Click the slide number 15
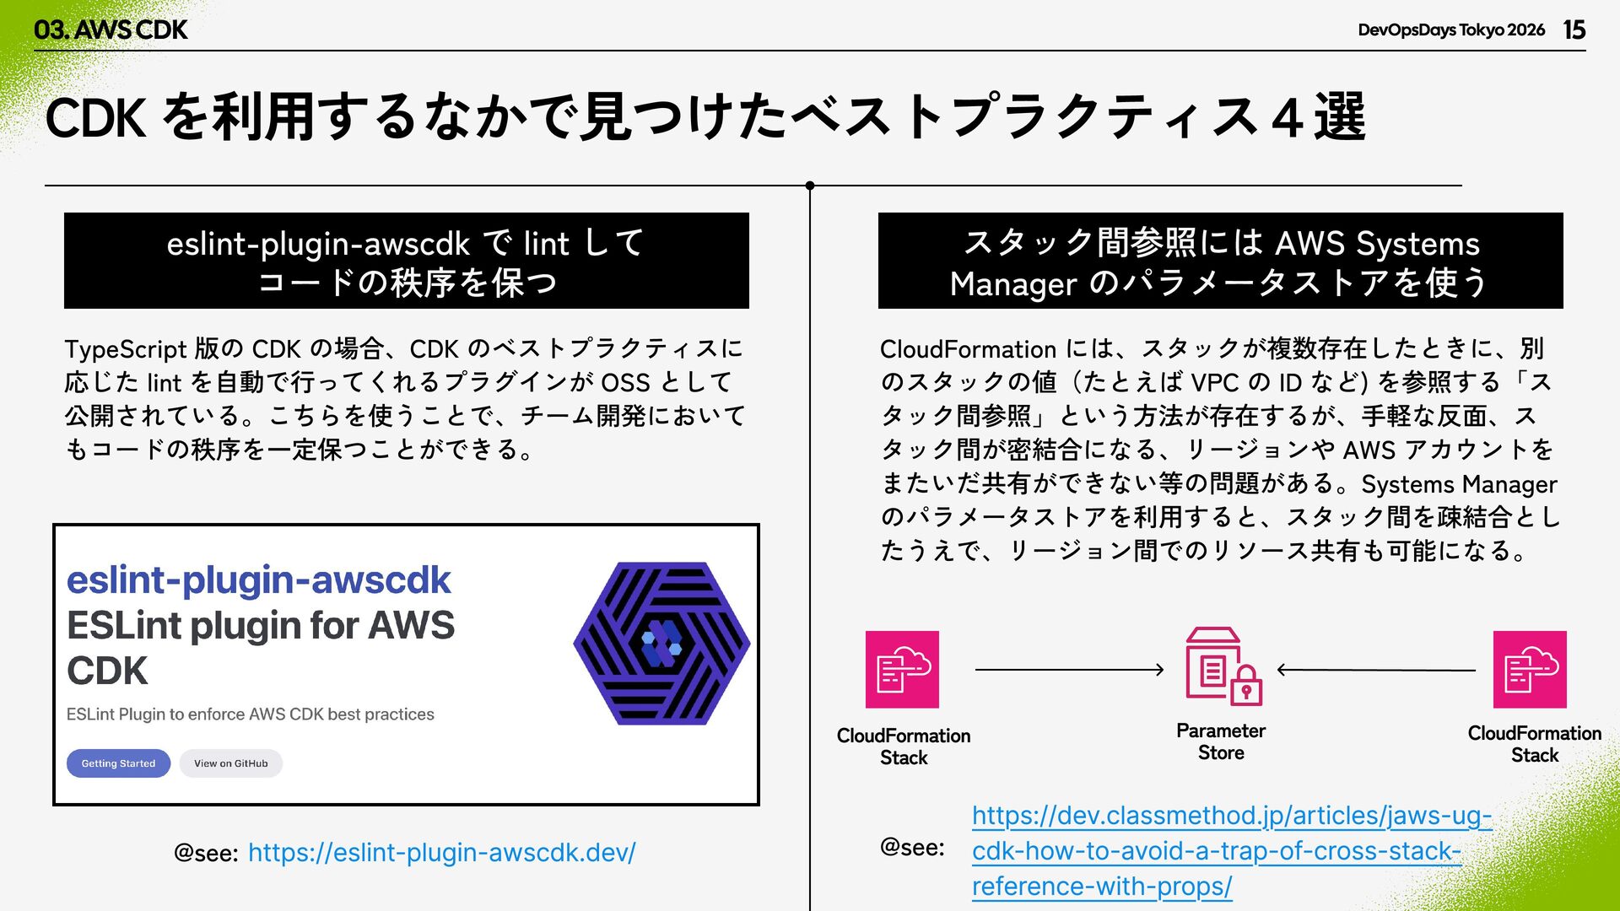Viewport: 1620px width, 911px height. (x=1574, y=30)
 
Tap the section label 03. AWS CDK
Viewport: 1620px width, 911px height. (x=111, y=30)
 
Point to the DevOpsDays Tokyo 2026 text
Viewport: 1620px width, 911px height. (x=1450, y=30)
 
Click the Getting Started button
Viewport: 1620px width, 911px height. (x=118, y=763)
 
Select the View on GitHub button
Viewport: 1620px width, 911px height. (x=230, y=763)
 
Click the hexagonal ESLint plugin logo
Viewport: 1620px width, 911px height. (x=661, y=644)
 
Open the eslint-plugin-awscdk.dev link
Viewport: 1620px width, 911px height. (x=441, y=853)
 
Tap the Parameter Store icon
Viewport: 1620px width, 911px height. (x=1223, y=667)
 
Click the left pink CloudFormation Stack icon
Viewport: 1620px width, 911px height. (x=902, y=669)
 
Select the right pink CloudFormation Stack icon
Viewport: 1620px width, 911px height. (x=1529, y=669)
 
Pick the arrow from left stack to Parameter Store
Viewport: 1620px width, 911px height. (x=1069, y=670)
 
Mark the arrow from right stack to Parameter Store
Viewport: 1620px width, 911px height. (x=1376, y=670)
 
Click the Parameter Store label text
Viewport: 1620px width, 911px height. (x=1221, y=741)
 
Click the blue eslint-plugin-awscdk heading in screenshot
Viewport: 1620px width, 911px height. (x=258, y=579)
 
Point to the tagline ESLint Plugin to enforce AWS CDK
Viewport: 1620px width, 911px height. (x=250, y=714)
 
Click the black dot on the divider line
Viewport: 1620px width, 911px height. (x=810, y=186)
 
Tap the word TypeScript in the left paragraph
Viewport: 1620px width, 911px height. (x=125, y=349)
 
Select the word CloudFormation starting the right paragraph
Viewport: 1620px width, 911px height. (x=968, y=349)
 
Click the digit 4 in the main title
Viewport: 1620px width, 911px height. (x=1287, y=118)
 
